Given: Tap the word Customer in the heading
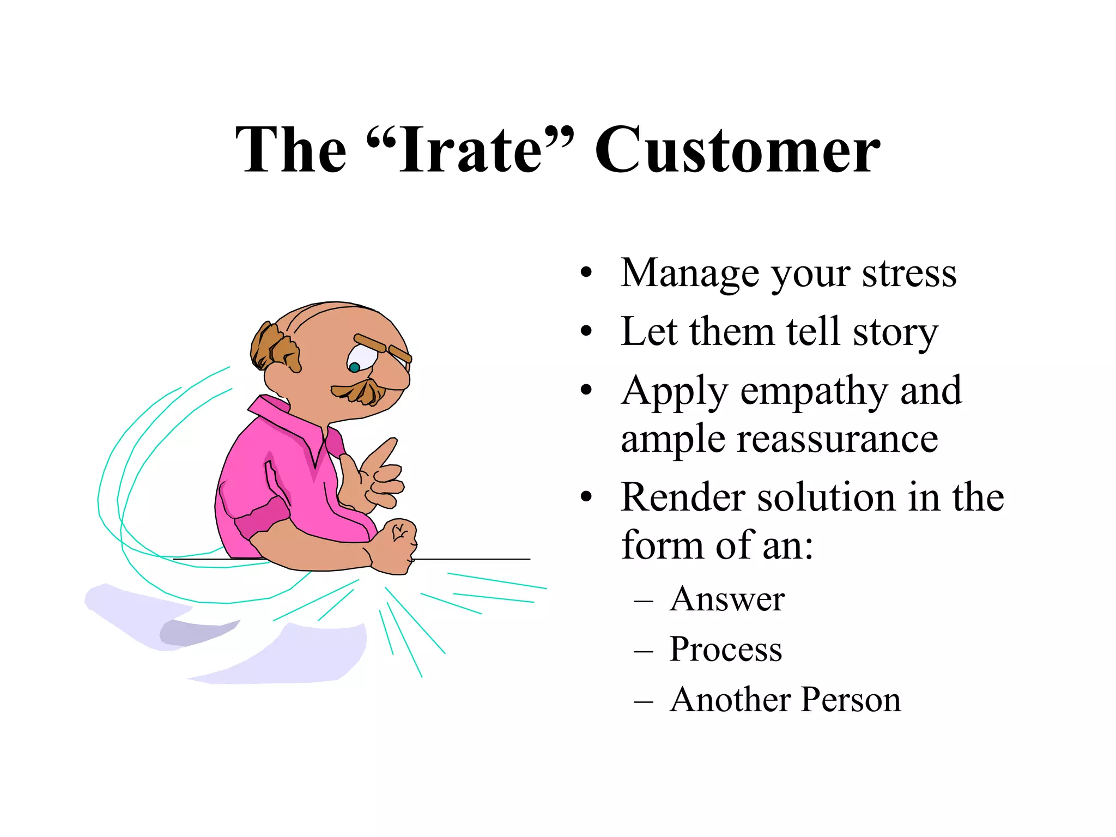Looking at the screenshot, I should point(737,150).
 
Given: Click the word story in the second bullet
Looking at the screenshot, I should point(895,332).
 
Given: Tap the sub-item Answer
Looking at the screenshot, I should point(727,599).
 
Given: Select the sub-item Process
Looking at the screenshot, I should point(725,650).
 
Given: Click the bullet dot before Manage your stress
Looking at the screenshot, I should point(586,273).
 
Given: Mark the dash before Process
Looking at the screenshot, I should point(644,651).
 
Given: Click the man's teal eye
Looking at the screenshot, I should point(354,367).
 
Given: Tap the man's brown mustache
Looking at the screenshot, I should point(360,392).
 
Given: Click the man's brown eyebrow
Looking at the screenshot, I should point(371,343).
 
